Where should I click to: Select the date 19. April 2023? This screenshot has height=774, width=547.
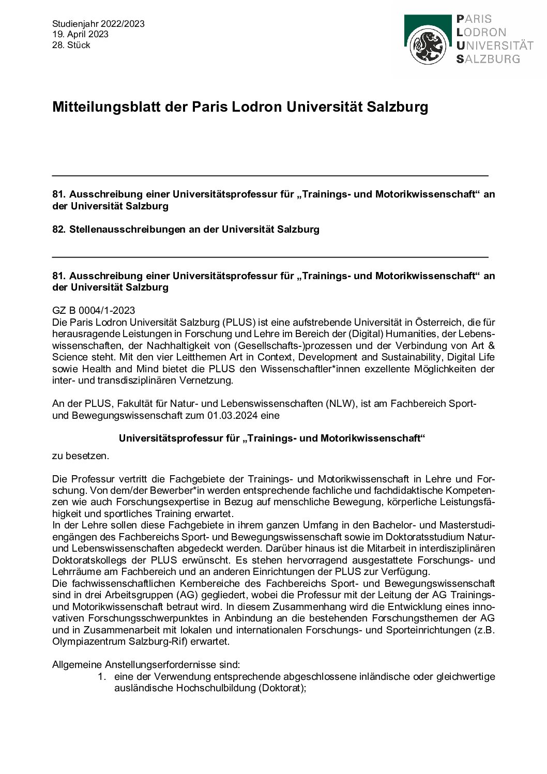pyautogui.click(x=80, y=34)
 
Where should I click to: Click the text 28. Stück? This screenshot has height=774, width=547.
pyautogui.click(x=71, y=45)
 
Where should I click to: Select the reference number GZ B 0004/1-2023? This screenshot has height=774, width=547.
pyautogui.click(x=94, y=310)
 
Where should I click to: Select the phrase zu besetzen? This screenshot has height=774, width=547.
pyautogui.click(x=81, y=456)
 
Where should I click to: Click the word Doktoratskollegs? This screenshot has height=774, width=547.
pyautogui.click(x=87, y=560)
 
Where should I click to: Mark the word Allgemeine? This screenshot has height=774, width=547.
pyautogui.click(x=77, y=665)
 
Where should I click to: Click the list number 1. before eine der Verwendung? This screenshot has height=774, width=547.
pyautogui.click(x=102, y=677)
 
